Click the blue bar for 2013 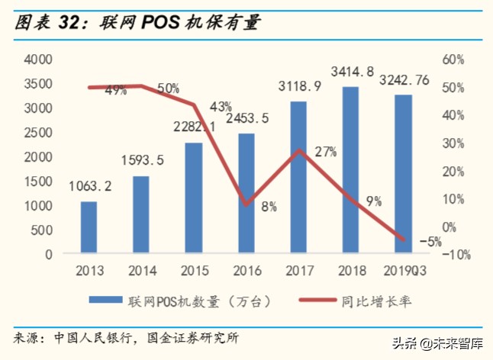(x=89, y=227)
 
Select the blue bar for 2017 (x=298, y=177)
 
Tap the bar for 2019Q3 (x=404, y=174)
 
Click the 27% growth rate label (x=325, y=152)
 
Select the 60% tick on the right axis (x=453, y=59)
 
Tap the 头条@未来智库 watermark (x=446, y=343)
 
